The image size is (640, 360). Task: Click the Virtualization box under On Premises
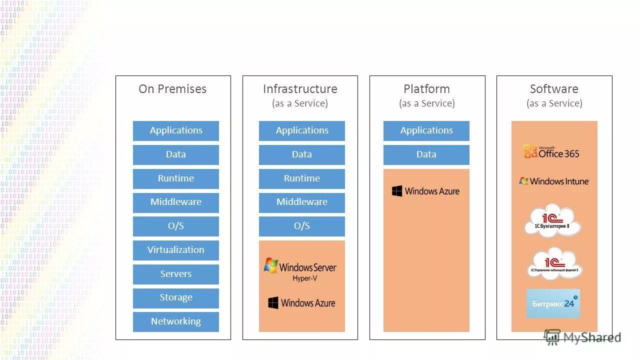pyautogui.click(x=175, y=250)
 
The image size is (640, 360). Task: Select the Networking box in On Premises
pyautogui.click(x=175, y=321)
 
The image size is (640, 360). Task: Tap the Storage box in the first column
pyautogui.click(x=175, y=298)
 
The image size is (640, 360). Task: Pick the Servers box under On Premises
pyautogui.click(x=175, y=274)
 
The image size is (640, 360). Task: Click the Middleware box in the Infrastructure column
pyautogui.click(x=301, y=202)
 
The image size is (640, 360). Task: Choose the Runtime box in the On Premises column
pyautogui.click(x=175, y=178)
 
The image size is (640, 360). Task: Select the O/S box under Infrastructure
pyautogui.click(x=301, y=226)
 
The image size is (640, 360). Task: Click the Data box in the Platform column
pyautogui.click(x=426, y=154)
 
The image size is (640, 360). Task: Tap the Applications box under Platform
pyautogui.click(x=426, y=130)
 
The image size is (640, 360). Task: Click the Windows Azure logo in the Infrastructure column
pyautogui.click(x=301, y=303)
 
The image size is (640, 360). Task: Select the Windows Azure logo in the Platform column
pyautogui.click(x=425, y=191)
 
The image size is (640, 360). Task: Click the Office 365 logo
pyautogui.click(x=551, y=152)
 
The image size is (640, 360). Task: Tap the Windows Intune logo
pyautogui.click(x=554, y=181)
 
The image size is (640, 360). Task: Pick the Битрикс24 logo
pyautogui.click(x=553, y=303)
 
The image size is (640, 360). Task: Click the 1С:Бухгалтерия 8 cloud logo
pyautogui.click(x=552, y=220)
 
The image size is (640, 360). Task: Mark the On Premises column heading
pyautogui.click(x=172, y=89)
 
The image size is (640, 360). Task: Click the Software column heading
pyautogui.click(x=554, y=89)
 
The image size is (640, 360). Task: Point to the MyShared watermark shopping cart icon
pyautogui.click(x=552, y=337)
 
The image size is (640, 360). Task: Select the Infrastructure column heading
pyautogui.click(x=300, y=89)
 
